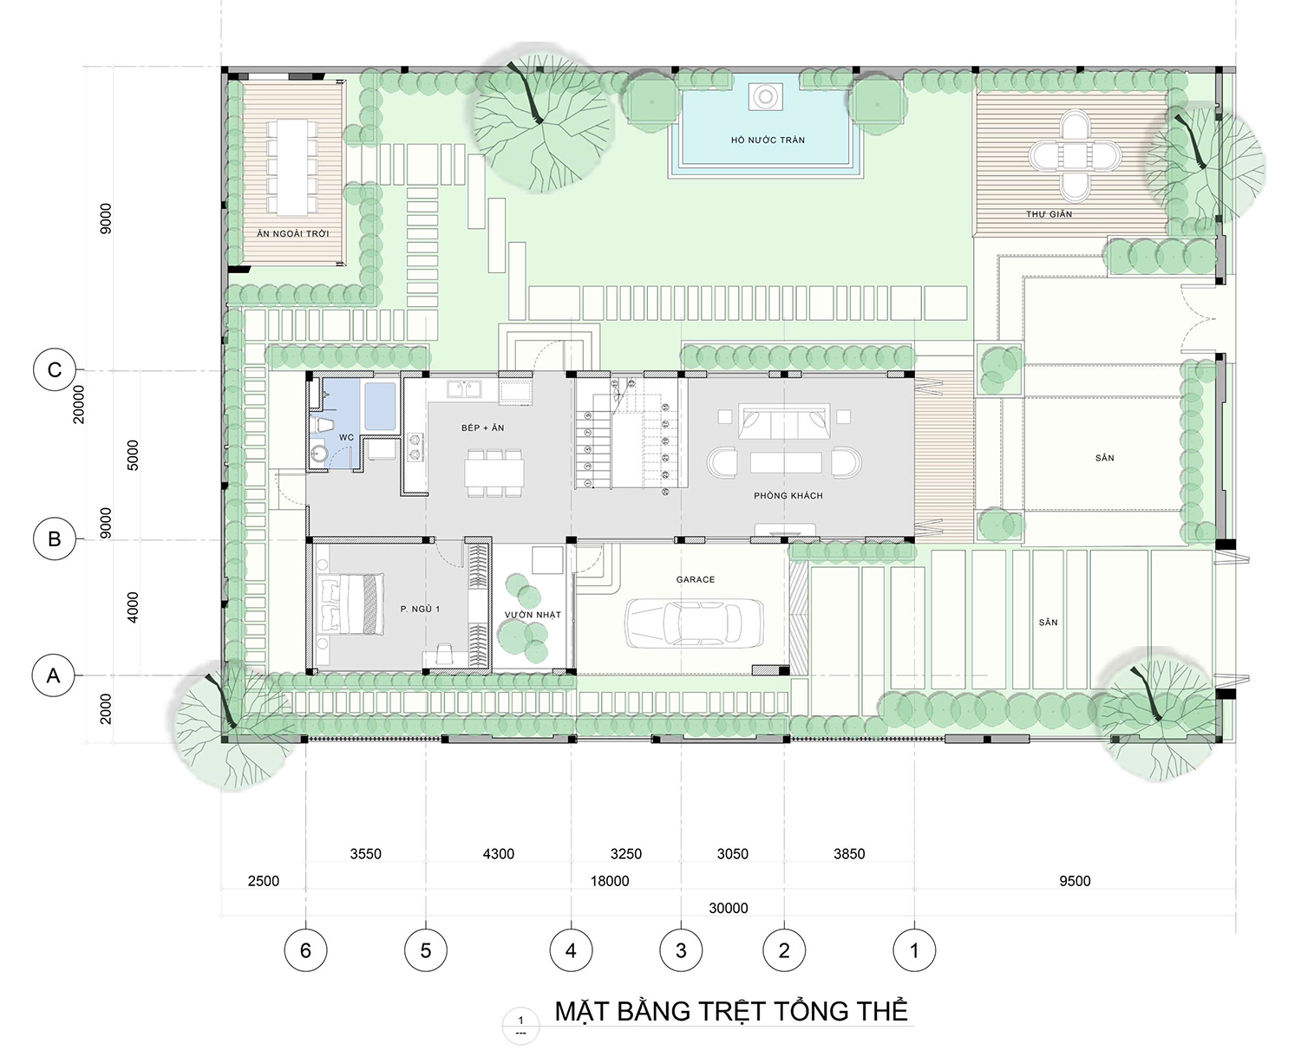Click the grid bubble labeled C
tap(55, 369)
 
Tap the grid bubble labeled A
tap(53, 675)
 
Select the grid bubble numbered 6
tap(305, 950)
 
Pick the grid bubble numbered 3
tap(681, 950)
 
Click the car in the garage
tap(693, 623)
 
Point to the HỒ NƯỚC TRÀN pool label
tap(768, 140)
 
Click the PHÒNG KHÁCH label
tap(788, 495)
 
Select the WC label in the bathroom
tap(346, 437)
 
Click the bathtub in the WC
tap(380, 407)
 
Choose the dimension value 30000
tap(728, 908)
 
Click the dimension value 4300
tap(499, 853)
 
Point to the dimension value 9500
tap(1075, 880)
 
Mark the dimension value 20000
tap(79, 404)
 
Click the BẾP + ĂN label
tap(482, 427)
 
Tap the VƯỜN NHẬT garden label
tap(533, 614)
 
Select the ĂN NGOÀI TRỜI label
tap(292, 233)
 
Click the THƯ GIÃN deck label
tap(1049, 213)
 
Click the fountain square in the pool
tap(765, 96)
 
